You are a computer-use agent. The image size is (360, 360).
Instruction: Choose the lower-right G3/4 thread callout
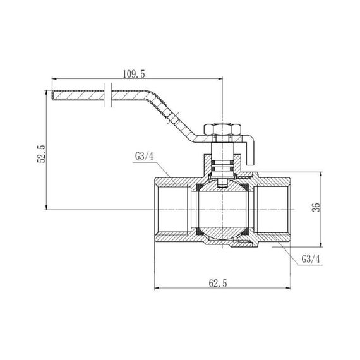313,259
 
